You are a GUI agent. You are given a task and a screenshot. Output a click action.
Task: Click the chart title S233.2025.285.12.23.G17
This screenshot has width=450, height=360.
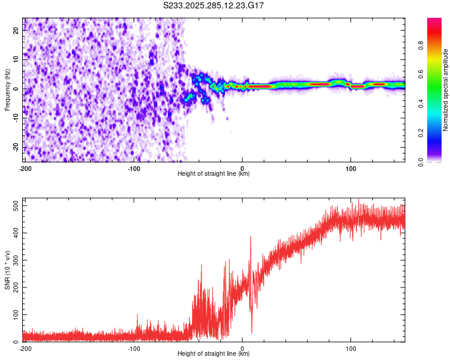point(214,5)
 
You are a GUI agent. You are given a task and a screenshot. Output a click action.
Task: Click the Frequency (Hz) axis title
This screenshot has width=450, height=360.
point(7,89)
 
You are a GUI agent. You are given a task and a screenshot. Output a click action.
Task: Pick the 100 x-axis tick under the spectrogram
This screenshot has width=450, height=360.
point(351,168)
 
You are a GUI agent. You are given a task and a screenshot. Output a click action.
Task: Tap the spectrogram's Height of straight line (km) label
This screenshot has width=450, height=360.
point(214,174)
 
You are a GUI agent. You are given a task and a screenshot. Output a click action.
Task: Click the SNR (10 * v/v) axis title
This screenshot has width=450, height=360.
point(7,269)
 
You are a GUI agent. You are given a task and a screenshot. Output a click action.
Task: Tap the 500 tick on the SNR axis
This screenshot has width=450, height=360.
point(14,206)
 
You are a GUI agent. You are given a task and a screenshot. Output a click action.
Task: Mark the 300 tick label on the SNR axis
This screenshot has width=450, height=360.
point(14,260)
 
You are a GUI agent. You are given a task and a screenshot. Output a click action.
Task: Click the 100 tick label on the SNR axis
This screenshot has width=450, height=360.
point(14,314)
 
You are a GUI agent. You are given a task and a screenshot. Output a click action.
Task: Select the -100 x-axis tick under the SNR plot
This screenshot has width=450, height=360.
point(134,348)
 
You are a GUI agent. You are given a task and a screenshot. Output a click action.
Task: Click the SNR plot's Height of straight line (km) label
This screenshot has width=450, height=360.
point(214,354)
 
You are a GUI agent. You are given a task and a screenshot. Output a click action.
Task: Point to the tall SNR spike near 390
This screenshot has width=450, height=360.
point(251,237)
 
